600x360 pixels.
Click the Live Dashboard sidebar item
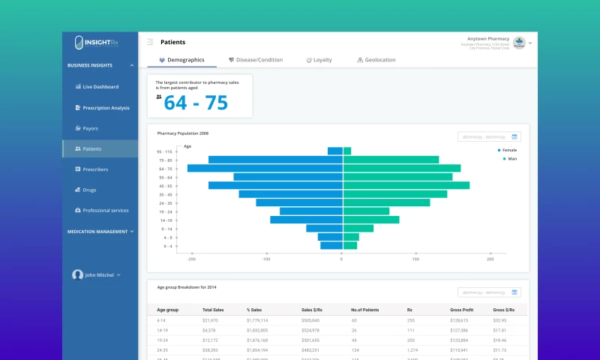coord(100,87)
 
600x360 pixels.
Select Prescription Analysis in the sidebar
coord(106,108)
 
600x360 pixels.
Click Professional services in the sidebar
coord(105,211)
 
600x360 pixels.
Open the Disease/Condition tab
coord(256,60)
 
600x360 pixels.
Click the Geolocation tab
coord(376,60)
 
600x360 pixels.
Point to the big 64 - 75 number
coord(196,103)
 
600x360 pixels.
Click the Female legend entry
coord(508,150)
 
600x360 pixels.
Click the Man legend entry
coord(511,159)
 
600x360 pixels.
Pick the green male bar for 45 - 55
coord(406,185)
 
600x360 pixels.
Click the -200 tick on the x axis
coord(192,259)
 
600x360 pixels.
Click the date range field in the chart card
coord(488,137)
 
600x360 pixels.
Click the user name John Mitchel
coord(99,275)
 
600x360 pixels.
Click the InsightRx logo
coord(100,43)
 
